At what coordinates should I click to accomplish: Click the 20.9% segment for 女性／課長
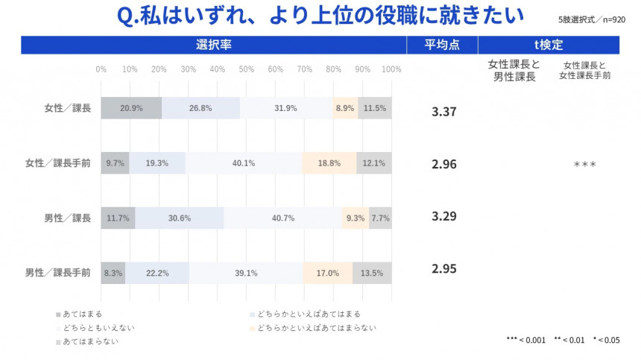(x=131, y=108)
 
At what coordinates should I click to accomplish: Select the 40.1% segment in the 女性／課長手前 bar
(x=244, y=163)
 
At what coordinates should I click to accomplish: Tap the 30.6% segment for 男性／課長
(x=180, y=218)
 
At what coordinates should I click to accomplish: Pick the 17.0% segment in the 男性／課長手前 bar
(x=328, y=273)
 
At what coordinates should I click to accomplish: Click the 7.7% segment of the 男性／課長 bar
(x=380, y=218)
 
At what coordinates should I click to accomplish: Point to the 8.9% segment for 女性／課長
(x=345, y=108)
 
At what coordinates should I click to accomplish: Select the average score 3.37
(x=444, y=112)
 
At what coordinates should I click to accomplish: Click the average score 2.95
(x=444, y=268)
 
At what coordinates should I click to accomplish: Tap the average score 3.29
(x=444, y=216)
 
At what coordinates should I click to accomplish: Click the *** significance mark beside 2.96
(x=584, y=164)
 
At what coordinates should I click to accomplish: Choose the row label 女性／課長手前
(x=57, y=163)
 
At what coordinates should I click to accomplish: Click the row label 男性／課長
(x=67, y=218)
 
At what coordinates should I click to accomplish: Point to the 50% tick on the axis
(x=246, y=69)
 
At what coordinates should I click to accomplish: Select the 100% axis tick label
(x=391, y=69)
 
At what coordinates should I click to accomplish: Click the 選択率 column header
(x=214, y=45)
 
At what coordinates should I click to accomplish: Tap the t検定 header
(x=549, y=45)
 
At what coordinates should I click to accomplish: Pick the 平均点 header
(x=442, y=45)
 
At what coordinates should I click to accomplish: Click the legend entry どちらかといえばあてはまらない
(x=313, y=328)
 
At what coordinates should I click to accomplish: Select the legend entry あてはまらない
(x=87, y=341)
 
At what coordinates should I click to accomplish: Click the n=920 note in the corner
(x=613, y=19)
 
